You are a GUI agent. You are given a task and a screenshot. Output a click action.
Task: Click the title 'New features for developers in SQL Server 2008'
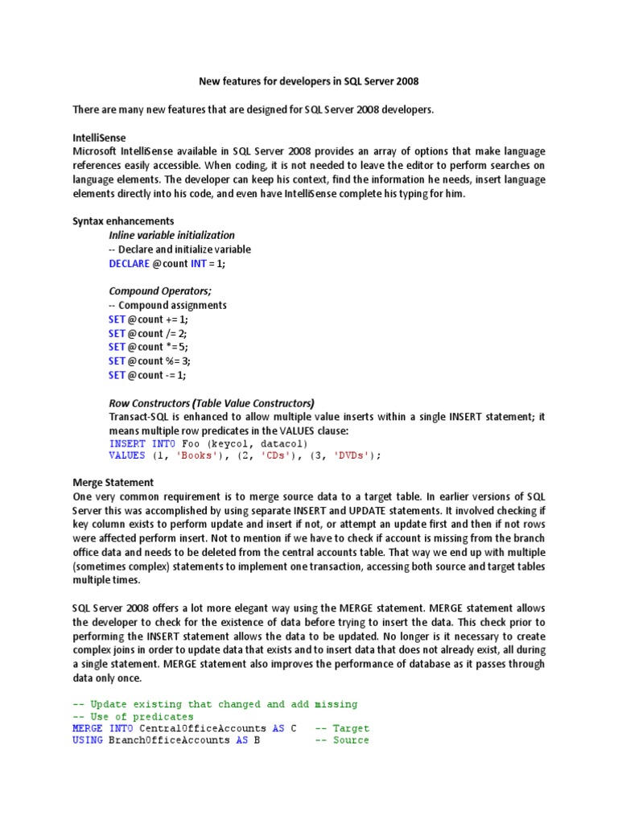tap(308, 81)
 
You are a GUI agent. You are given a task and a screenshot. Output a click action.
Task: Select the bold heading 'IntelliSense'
tap(99, 138)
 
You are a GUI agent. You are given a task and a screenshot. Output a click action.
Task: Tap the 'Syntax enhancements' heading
tap(123, 220)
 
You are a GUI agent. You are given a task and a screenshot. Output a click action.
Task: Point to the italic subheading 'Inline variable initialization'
tap(171, 235)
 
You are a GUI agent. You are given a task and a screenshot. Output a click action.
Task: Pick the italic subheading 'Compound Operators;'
tap(159, 291)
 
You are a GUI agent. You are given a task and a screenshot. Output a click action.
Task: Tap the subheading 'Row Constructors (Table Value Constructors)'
tap(211, 403)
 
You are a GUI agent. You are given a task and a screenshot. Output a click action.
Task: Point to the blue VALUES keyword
tap(127, 455)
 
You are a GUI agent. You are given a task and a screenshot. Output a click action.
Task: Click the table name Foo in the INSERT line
tap(191, 443)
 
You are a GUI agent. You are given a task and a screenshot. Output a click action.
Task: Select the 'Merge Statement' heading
tap(113, 483)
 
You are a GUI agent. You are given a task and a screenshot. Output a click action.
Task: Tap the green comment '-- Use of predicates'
tap(133, 716)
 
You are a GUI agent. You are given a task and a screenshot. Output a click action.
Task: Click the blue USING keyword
tap(88, 740)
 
